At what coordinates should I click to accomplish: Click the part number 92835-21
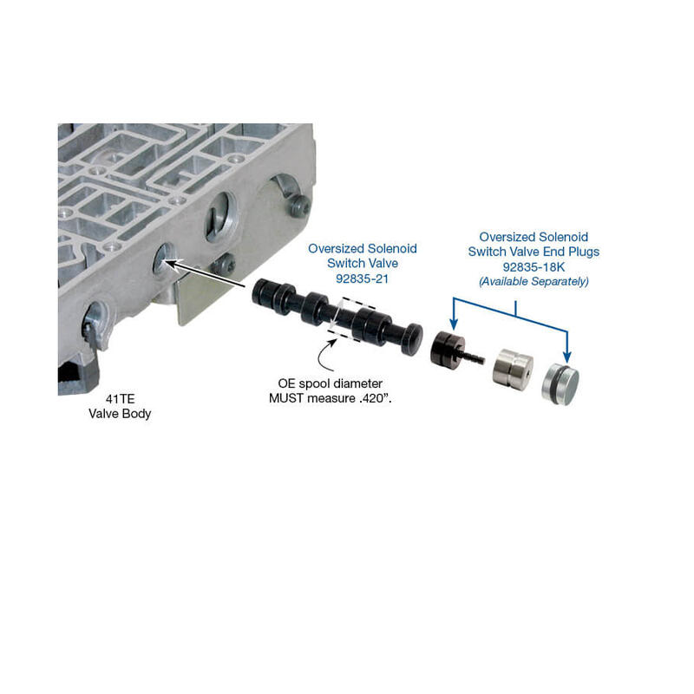(x=362, y=278)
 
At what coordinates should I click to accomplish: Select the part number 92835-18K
(x=534, y=267)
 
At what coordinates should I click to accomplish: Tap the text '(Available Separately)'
(x=534, y=281)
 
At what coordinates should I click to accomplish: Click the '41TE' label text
(x=120, y=399)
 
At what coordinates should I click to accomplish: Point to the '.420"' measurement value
(x=376, y=398)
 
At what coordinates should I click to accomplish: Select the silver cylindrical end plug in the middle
(x=513, y=370)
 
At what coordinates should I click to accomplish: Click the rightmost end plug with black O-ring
(x=560, y=384)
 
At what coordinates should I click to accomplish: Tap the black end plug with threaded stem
(x=451, y=349)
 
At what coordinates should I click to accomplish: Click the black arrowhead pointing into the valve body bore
(x=170, y=265)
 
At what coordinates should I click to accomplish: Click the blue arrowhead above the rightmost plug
(x=567, y=356)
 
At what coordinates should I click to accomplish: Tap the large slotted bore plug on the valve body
(x=219, y=216)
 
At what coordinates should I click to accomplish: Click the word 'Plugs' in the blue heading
(x=584, y=252)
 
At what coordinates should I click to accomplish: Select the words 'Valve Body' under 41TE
(x=120, y=414)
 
